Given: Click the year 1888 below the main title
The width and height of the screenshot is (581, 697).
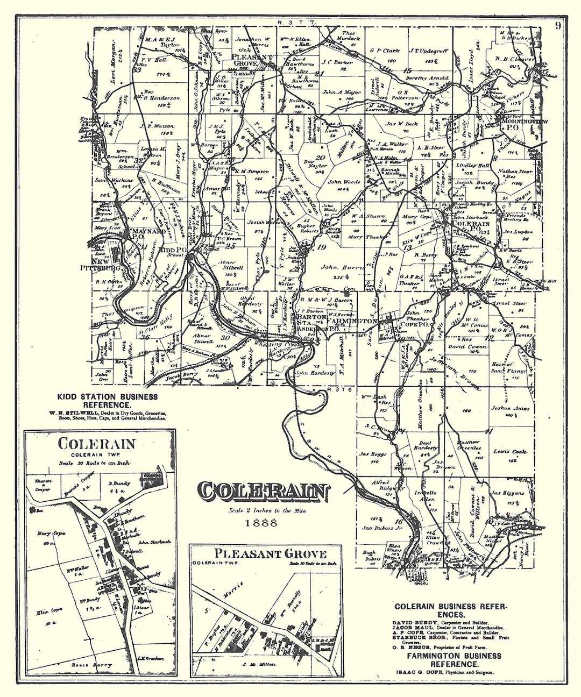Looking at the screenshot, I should (261, 522).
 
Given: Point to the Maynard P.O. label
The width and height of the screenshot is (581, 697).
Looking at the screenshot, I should (141, 233).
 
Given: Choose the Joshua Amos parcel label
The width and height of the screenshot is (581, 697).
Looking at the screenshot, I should (509, 408).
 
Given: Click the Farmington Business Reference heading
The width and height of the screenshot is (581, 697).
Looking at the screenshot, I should (454, 660).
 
